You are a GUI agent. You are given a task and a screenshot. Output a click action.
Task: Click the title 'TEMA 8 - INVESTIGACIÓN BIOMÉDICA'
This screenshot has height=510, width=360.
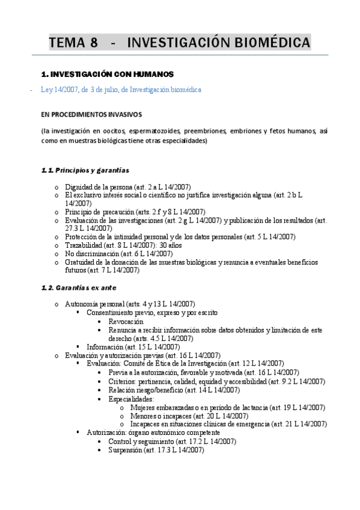(x=180, y=43)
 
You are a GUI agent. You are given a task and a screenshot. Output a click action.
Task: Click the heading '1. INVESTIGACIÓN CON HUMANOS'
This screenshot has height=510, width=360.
(x=107, y=75)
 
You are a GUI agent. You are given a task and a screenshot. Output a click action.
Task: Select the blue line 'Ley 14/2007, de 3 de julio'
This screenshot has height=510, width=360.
(x=121, y=90)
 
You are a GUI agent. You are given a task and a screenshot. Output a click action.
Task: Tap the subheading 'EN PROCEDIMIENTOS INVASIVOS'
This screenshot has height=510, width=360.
(x=91, y=114)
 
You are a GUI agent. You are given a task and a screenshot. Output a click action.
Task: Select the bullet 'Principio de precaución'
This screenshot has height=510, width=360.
(x=135, y=212)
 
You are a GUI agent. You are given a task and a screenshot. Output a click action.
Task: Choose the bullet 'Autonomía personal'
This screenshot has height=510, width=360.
(x=130, y=304)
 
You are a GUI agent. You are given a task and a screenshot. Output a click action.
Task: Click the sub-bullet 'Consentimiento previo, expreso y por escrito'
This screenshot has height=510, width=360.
(x=152, y=313)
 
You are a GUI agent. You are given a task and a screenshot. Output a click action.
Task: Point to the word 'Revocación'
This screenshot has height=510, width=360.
(x=126, y=321)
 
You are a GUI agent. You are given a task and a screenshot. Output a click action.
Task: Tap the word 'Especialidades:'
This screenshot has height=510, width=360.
(x=131, y=398)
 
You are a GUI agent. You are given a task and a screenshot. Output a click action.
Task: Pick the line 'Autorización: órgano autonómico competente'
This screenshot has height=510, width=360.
(x=153, y=432)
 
